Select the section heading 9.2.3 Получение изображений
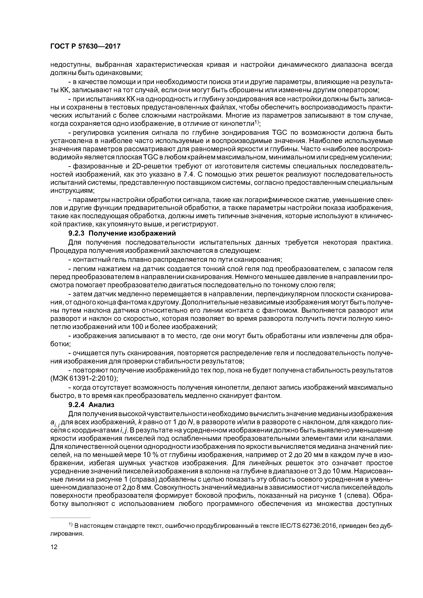point(122,233)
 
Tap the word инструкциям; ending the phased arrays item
point(72,191)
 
